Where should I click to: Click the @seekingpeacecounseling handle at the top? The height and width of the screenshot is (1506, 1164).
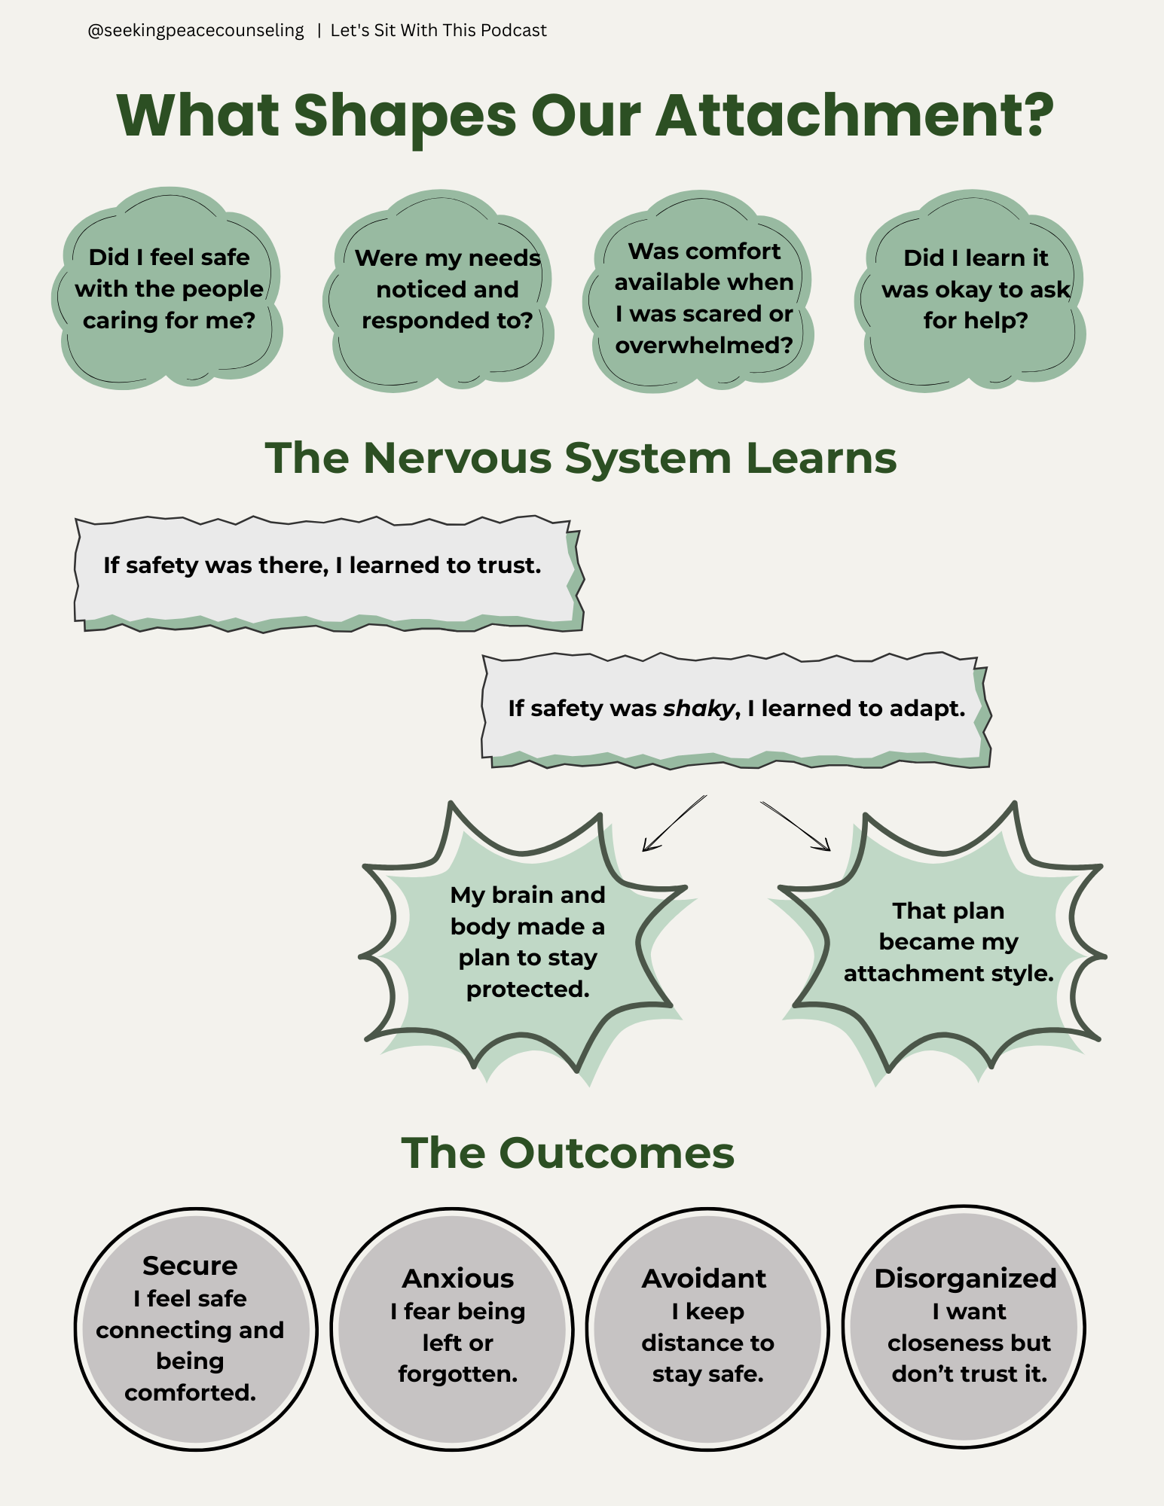196,31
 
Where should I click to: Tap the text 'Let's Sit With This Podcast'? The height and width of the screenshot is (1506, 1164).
438,31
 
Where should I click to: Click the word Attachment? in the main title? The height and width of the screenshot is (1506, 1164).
854,116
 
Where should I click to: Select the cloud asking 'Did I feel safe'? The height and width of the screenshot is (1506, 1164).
169,289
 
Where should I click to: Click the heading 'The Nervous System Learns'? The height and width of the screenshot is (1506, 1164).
581,458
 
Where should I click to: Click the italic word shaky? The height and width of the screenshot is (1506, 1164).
698,709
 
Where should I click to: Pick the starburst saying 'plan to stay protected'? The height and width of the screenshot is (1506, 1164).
527,941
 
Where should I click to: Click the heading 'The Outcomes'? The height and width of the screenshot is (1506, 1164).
567,1153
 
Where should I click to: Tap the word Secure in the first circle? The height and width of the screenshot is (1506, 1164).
190,1266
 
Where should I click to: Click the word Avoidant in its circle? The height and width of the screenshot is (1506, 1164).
704,1279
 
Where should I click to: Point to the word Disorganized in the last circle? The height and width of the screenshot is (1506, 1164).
965,1279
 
